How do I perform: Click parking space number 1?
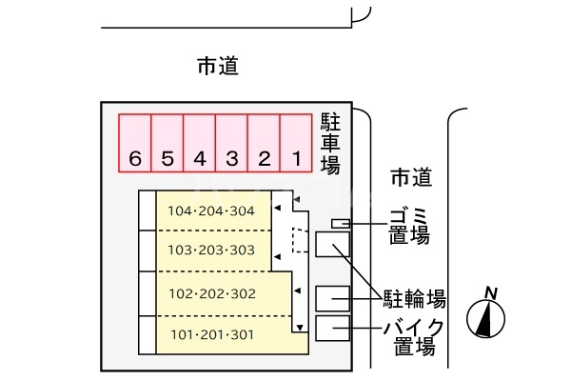[296, 144]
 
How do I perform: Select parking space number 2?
[264, 144]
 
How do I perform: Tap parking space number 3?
[231, 144]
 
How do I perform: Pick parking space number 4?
[199, 144]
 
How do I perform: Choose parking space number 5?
[167, 144]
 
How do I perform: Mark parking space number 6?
[134, 144]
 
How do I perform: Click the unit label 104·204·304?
[211, 211]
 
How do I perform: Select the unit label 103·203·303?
[211, 251]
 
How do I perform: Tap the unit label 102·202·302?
[211, 293]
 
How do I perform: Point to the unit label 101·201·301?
[211, 334]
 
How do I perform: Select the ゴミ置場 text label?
[408, 223]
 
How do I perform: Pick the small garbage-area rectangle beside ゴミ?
[340, 224]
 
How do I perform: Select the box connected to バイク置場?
[332, 330]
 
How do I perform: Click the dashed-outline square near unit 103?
[300, 240]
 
